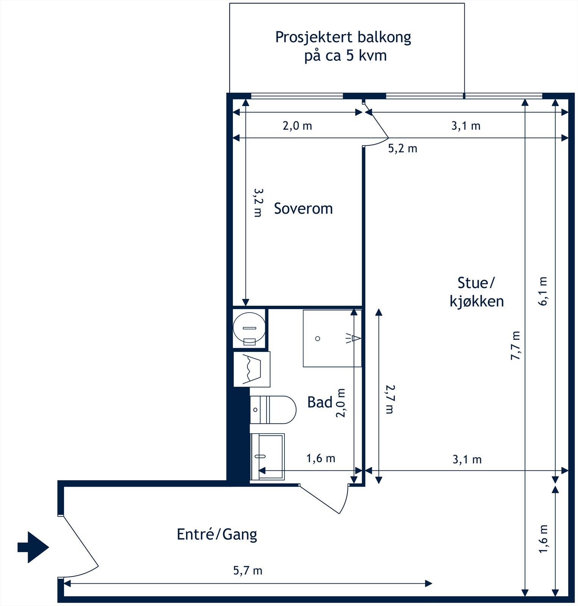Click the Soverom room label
tap(303, 209)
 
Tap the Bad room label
tap(320, 402)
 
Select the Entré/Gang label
tap(217, 534)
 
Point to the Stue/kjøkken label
tap(476, 292)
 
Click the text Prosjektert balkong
tap(343, 37)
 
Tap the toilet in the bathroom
tap(273, 410)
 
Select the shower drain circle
tap(318, 339)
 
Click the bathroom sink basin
tap(267, 457)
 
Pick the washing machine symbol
tap(252, 369)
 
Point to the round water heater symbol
tap(249, 328)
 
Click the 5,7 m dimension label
tap(248, 570)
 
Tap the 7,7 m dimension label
tap(516, 345)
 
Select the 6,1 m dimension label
tap(543, 291)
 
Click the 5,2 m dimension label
tap(403, 148)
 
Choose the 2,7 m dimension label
tap(390, 399)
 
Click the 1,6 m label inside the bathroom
tap(321, 459)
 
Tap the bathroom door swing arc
tap(345, 500)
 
